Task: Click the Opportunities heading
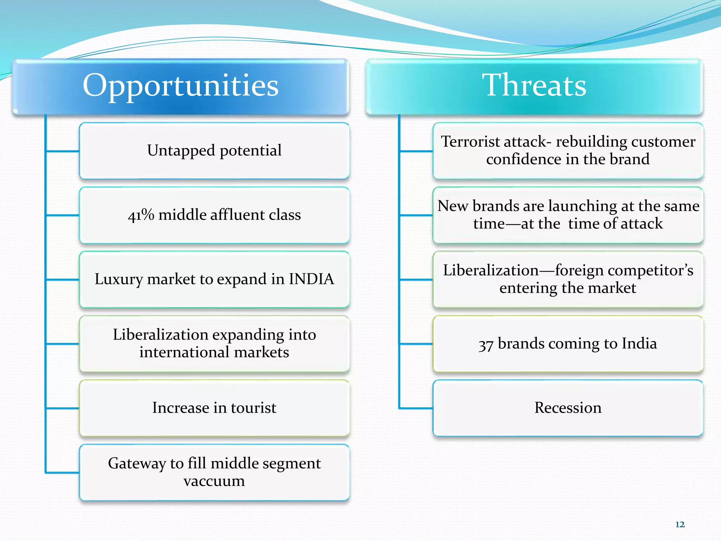(x=180, y=86)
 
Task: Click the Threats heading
(x=534, y=86)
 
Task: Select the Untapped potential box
(x=214, y=151)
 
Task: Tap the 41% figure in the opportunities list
(x=141, y=215)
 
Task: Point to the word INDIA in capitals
(x=311, y=279)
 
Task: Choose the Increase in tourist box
(x=214, y=408)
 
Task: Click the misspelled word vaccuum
(x=214, y=481)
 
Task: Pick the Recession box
(x=568, y=408)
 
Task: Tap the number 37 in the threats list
(x=486, y=344)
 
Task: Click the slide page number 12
(x=680, y=524)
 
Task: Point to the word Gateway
(x=137, y=464)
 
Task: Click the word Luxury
(x=119, y=279)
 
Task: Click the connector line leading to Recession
(x=416, y=408)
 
